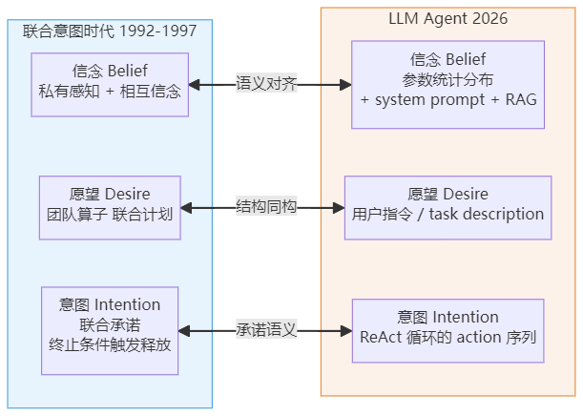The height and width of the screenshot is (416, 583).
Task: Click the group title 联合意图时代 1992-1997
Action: [110, 31]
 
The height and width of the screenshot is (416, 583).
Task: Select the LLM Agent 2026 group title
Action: [448, 18]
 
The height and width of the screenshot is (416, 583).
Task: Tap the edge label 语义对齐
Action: [266, 83]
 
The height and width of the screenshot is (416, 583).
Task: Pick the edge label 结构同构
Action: [266, 206]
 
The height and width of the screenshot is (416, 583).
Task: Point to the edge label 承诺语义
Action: [266, 329]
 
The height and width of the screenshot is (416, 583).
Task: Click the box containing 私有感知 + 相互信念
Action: [110, 85]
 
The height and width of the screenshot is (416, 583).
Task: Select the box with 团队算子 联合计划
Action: [110, 208]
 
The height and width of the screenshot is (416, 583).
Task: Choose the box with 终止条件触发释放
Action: [110, 331]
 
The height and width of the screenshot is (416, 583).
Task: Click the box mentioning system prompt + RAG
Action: [448, 85]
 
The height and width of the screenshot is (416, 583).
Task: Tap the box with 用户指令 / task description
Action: [448, 208]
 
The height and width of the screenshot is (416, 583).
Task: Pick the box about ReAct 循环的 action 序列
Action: [448, 331]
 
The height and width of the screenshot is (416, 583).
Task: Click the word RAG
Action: [521, 100]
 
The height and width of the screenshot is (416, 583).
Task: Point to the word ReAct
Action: [381, 337]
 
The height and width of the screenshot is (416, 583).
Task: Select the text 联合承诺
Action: [110, 325]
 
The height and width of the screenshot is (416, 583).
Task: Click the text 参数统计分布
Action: [448, 79]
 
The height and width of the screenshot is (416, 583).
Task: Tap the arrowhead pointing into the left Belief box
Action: [194, 85]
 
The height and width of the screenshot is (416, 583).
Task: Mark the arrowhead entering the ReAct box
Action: [346, 331]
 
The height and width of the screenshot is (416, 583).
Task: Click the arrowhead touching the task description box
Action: [339, 208]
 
